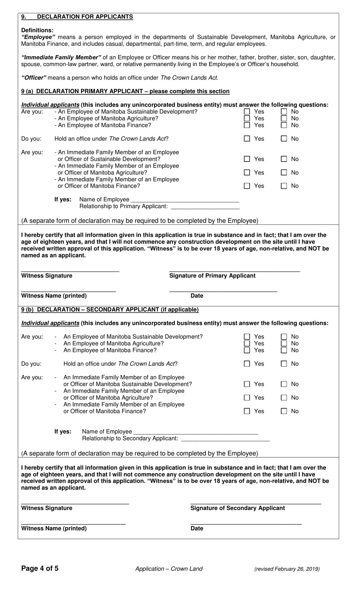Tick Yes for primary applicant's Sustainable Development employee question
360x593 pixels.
(x=247, y=112)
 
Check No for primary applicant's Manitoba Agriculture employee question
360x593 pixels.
(x=284, y=119)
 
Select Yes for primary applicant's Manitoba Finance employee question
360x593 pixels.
(x=247, y=125)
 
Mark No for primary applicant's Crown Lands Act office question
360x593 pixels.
(x=284, y=139)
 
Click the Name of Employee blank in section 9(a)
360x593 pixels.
(x=185, y=199)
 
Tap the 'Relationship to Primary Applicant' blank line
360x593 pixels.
(x=205, y=206)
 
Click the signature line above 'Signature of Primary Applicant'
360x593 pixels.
(x=234, y=270)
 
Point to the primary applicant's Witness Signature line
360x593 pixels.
(x=70, y=270)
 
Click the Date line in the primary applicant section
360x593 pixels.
(x=223, y=290)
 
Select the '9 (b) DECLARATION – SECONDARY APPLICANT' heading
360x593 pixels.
(x=110, y=310)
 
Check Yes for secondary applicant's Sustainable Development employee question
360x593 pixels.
(x=247, y=337)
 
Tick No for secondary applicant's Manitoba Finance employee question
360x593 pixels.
(x=284, y=350)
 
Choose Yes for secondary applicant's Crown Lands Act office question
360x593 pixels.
(x=247, y=364)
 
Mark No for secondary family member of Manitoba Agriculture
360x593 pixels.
(x=284, y=398)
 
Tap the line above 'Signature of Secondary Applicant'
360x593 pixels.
(x=255, y=502)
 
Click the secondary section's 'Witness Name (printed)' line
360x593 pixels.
(x=73, y=523)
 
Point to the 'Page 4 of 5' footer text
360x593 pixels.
(x=40, y=568)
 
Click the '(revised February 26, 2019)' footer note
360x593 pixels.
(x=287, y=569)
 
